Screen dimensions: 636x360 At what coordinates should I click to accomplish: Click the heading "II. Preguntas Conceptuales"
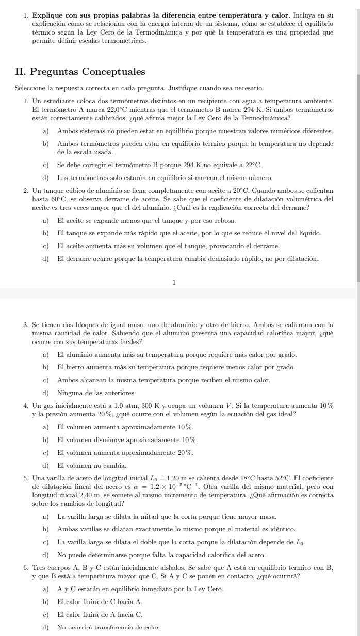point(80,72)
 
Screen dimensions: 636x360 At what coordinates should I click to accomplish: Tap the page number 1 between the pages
point(174,282)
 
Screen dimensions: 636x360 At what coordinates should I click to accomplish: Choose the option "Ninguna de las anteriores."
point(89,393)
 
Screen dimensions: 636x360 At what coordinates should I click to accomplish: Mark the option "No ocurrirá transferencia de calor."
point(109,627)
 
